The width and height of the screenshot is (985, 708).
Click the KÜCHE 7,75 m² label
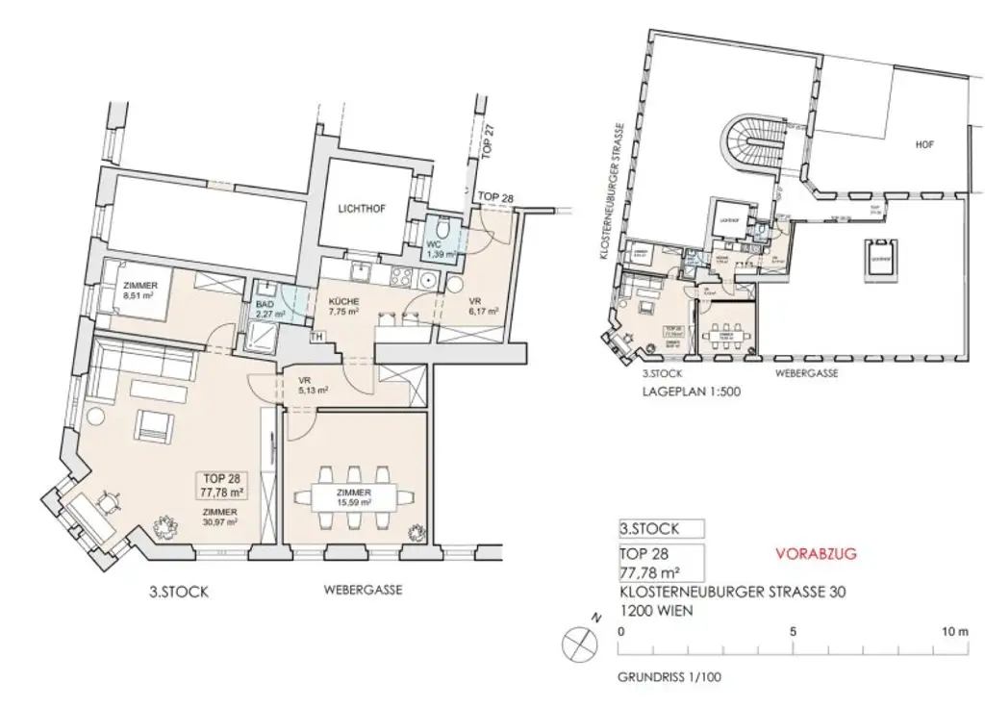coord(343,305)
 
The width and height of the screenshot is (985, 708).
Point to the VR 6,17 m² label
coord(481,305)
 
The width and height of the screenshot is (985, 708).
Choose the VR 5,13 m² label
coord(313,385)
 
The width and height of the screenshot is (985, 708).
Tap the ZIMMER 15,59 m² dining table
coord(354,496)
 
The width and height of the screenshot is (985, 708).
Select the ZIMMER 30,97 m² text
coord(220,517)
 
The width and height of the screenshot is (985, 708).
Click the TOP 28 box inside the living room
coord(220,483)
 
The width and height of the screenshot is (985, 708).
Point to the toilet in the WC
coord(441,229)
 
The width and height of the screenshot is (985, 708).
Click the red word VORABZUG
coord(815,554)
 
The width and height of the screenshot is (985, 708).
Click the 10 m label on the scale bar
coord(954,632)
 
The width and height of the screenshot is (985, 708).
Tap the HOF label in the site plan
coord(924,145)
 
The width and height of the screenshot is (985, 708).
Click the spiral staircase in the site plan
coord(752,144)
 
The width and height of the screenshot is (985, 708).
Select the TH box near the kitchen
coord(316,338)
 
